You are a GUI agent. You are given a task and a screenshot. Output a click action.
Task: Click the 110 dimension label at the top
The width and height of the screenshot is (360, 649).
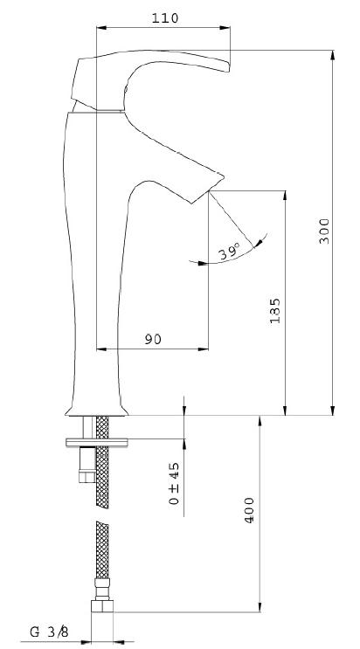165,18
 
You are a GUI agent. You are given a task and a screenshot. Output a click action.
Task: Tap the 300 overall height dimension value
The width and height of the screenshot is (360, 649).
324,231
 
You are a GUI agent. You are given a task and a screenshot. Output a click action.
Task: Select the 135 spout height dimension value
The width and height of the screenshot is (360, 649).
275,310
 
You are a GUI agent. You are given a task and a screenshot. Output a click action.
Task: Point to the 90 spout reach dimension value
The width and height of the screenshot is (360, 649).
153,340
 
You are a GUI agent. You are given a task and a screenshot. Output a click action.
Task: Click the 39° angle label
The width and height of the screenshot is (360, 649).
230,252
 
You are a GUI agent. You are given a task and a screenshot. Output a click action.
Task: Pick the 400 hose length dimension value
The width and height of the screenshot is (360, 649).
249,510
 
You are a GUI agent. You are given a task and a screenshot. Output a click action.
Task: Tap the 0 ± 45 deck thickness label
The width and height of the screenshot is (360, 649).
175,483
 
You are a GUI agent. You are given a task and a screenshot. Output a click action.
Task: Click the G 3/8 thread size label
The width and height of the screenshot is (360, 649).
49,632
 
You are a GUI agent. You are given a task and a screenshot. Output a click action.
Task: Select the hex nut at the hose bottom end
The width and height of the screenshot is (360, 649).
102,606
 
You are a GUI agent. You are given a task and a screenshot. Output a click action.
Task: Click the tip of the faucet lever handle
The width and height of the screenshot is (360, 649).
229,68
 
